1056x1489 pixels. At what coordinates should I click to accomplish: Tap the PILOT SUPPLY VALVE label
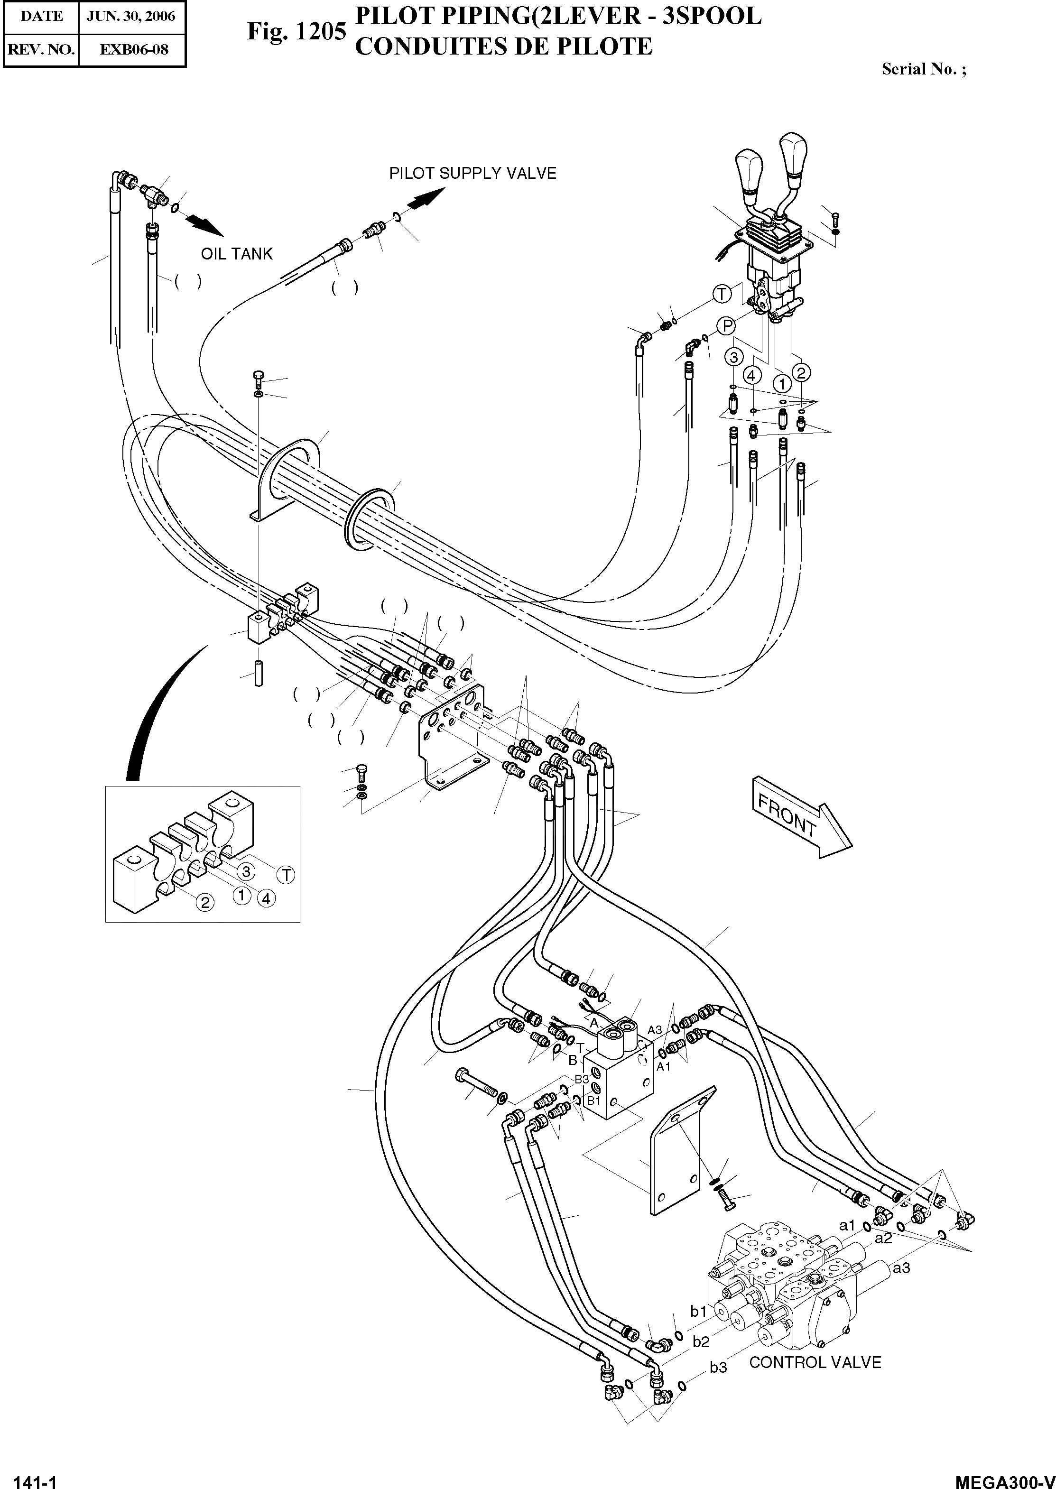[472, 174]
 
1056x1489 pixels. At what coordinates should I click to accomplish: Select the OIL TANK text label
[237, 254]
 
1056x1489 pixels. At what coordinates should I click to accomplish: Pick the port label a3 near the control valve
[901, 1268]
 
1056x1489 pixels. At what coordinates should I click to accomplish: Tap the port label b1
[698, 1312]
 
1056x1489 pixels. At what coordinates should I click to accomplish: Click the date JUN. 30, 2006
[131, 16]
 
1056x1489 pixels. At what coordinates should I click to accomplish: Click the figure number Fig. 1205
[296, 31]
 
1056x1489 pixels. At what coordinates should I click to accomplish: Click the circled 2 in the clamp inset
[205, 902]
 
